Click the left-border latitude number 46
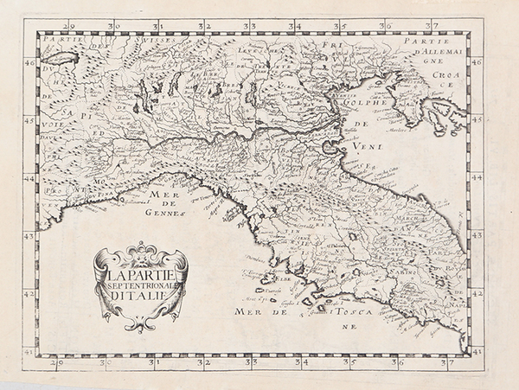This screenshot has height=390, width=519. coord(29,62)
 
